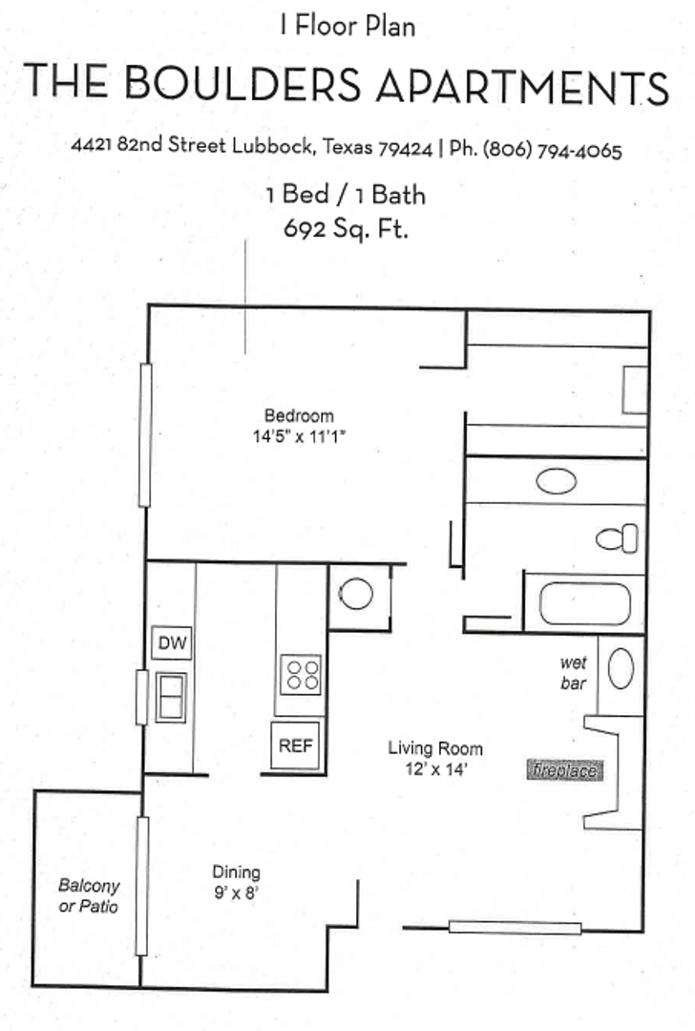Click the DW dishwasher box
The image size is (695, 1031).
click(172, 643)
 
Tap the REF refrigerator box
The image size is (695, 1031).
click(296, 746)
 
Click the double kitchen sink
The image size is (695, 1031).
click(171, 698)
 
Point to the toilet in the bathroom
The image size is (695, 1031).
click(618, 538)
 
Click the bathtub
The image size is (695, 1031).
click(584, 603)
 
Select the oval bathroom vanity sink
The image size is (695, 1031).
click(556, 481)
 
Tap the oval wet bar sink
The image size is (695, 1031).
click(621, 668)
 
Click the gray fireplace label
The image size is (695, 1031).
click(566, 769)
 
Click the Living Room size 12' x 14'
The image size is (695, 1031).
click(434, 770)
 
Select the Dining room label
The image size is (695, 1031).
click(236, 873)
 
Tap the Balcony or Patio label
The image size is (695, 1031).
click(89, 895)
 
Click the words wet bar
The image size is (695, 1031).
click(574, 673)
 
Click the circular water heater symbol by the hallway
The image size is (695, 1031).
click(356, 595)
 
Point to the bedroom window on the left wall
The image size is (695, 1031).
click(145, 434)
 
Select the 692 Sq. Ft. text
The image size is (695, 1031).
click(346, 229)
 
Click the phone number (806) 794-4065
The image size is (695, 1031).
click(552, 150)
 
